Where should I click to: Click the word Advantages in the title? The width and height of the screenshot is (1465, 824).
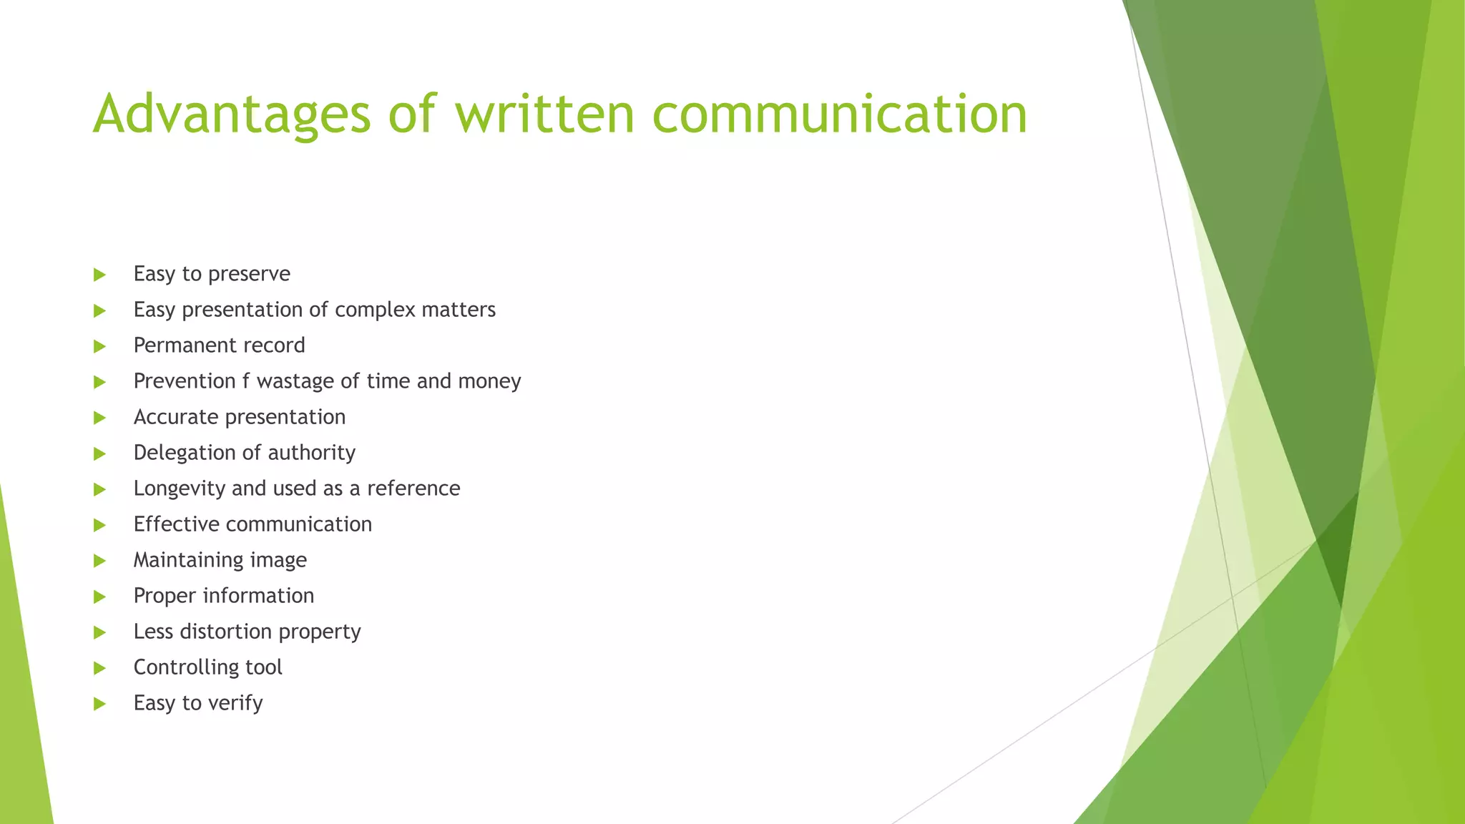tap(232, 114)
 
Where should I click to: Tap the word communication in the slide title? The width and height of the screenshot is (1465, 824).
tap(840, 114)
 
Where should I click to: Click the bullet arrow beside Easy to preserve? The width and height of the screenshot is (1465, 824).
tap(99, 275)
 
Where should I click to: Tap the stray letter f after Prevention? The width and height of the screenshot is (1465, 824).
tap(245, 381)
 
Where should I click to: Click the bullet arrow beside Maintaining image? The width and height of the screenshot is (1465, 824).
tap(99, 561)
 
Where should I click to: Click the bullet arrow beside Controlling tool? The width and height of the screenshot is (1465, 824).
tap(99, 668)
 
